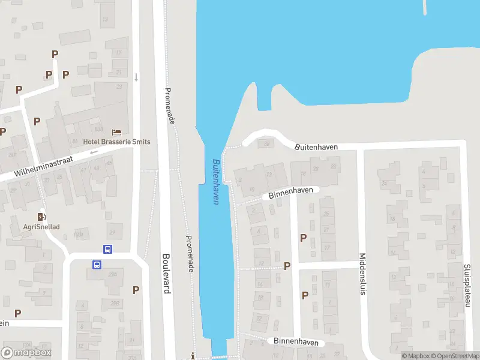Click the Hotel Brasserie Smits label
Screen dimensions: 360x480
click(x=116, y=142)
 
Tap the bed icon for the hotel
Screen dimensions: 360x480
click(x=116, y=131)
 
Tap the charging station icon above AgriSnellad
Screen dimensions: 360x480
click(x=41, y=217)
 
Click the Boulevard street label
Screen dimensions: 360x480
click(x=166, y=274)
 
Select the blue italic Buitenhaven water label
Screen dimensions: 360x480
click(x=215, y=182)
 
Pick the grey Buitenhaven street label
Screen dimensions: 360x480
click(x=316, y=147)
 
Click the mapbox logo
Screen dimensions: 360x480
click(x=26, y=353)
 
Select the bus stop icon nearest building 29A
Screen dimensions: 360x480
click(x=96, y=264)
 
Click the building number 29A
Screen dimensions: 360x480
click(x=114, y=273)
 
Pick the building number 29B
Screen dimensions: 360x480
click(x=113, y=303)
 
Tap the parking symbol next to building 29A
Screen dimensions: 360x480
click(x=136, y=290)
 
